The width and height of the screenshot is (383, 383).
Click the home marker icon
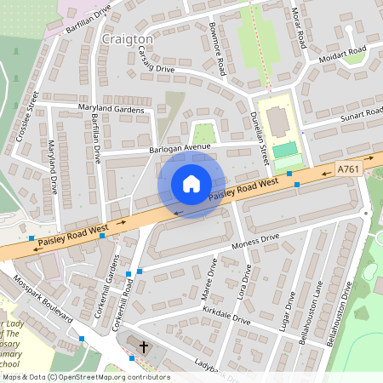pyautogui.click(x=191, y=184)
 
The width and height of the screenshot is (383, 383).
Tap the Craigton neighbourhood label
pyautogui.click(x=127, y=39)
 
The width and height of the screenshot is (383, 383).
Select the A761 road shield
pyautogui.click(x=348, y=169)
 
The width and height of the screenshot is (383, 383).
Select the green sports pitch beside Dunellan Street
pyautogui.click(x=285, y=150)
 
